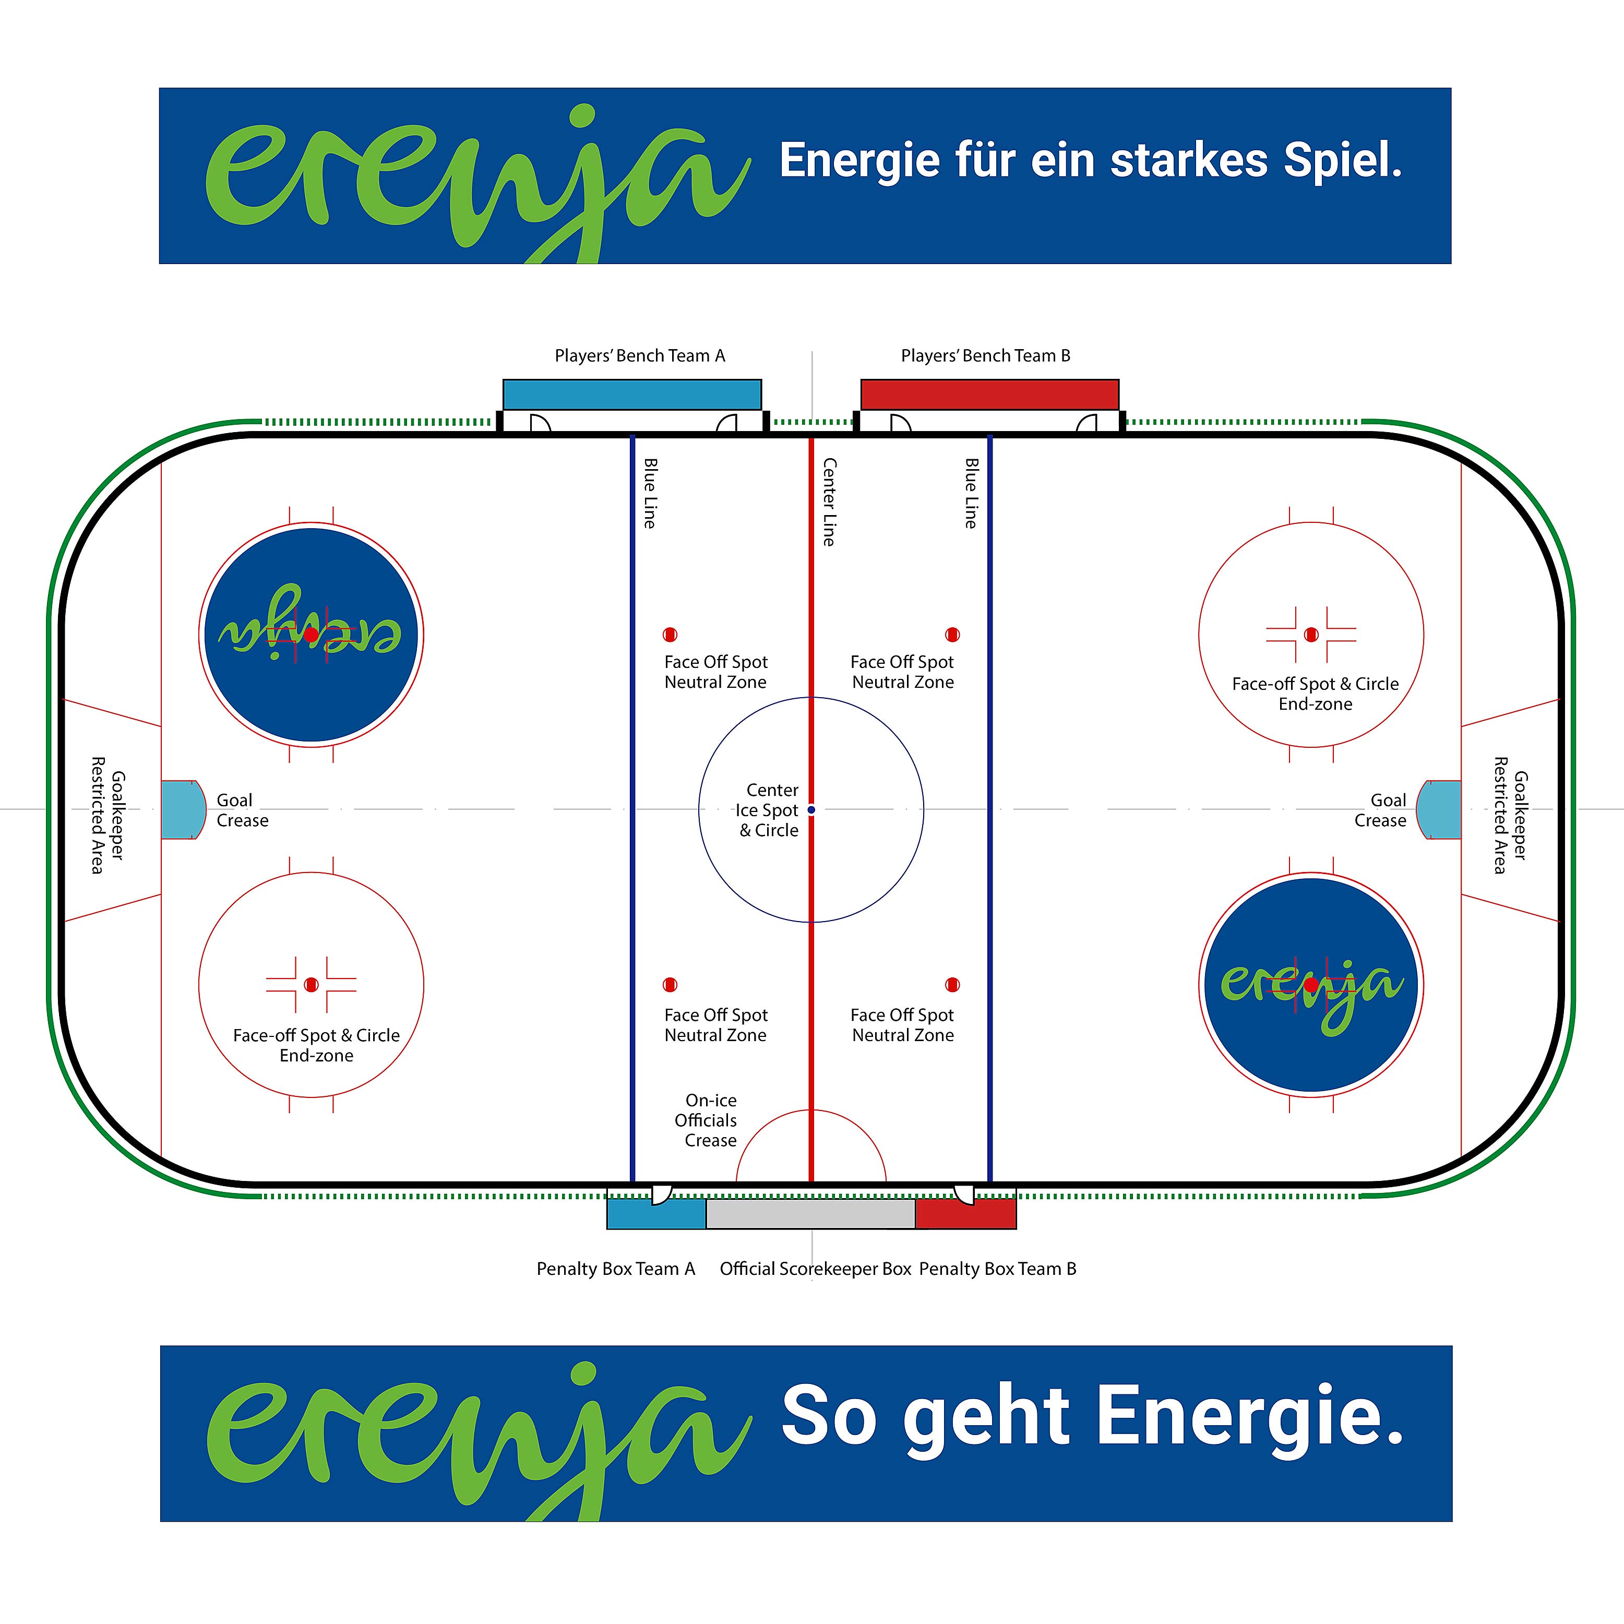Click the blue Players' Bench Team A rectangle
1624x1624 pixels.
pos(632,394)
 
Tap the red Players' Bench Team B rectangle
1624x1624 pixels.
pos(989,394)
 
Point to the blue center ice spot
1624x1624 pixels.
pos(811,809)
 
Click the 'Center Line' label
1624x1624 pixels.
pos(829,502)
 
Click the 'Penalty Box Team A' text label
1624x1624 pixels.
pos(616,1269)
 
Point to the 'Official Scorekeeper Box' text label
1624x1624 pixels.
pos(815,1269)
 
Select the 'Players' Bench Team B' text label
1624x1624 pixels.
pos(985,355)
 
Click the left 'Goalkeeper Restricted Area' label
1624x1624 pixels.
pos(108,815)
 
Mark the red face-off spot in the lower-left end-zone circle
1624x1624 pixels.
pos(311,984)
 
